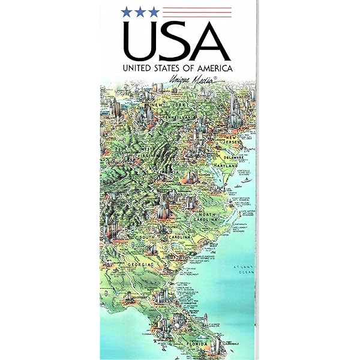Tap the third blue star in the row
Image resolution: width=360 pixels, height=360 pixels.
coord(155,10)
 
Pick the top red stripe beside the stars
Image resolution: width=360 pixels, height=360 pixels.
coord(198,7)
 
